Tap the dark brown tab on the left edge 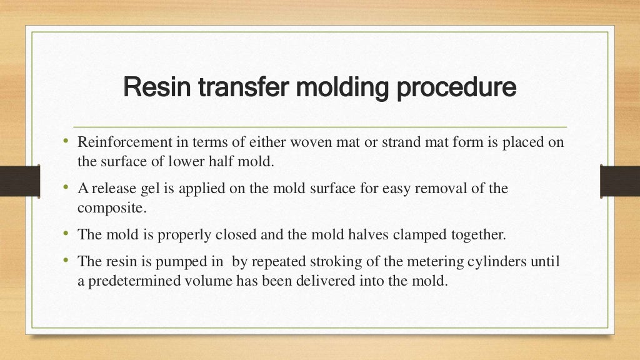pyautogui.click(x=19, y=181)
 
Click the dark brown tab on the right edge pyautogui.click(x=619, y=181)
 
